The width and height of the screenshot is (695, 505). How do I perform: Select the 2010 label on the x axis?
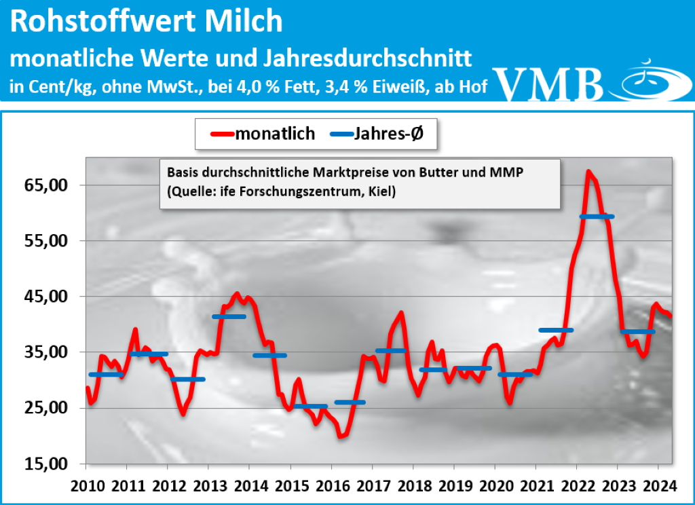87,487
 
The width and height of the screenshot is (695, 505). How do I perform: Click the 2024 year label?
658,487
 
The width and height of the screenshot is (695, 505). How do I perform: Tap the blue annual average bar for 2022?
597,217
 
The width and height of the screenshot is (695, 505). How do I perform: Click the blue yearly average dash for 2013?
229,317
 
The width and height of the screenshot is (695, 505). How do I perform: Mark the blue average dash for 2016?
350,403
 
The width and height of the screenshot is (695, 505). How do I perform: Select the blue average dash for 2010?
106,375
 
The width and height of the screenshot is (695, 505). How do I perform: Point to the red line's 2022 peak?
588,172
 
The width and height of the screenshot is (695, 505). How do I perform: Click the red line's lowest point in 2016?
341,436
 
